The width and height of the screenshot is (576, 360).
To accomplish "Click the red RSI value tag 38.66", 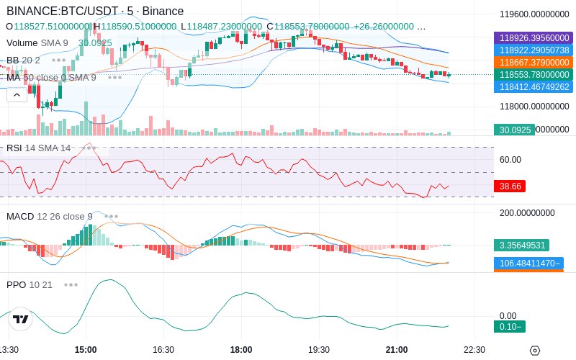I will coord(510,186).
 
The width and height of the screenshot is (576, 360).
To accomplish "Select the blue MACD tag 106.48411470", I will coord(528,263).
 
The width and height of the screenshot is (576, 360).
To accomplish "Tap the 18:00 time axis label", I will coord(241,350).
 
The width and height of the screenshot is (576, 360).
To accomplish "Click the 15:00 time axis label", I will coord(86,350).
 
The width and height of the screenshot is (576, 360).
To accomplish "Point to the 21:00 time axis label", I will coord(397,350).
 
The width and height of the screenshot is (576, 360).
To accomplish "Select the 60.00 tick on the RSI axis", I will coord(510,160).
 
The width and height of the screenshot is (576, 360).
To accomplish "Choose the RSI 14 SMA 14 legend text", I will coord(38,148).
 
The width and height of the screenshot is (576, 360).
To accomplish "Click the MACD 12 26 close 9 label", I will coord(49,216).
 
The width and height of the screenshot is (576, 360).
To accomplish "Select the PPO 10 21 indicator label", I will coord(30,284).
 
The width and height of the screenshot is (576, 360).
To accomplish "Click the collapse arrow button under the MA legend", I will coord(17,94).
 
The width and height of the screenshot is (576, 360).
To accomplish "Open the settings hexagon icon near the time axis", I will coord(534,351).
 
